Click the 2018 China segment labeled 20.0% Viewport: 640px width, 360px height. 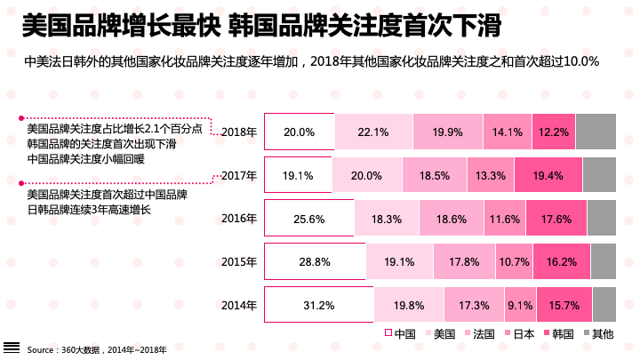coord(300,132)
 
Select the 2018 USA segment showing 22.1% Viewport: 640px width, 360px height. coord(373,132)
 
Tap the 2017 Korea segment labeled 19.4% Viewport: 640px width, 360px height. coord(548,175)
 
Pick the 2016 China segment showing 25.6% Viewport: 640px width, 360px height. coord(308,219)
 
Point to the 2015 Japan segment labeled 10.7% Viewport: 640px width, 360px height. coord(514,262)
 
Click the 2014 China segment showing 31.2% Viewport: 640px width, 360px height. coord(318,305)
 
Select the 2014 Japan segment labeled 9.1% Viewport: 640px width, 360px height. coord(519,305)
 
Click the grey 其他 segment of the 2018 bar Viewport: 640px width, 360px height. coord(596,132)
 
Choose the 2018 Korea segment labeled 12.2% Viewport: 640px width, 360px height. coord(554,132)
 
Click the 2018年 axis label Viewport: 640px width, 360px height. coord(238,132)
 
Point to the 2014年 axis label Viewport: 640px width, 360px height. coord(238,305)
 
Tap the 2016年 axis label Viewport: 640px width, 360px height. coord(238,219)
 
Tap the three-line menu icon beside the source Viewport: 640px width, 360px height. coord(12,348)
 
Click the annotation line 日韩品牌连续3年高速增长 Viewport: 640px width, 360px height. coord(90,210)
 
